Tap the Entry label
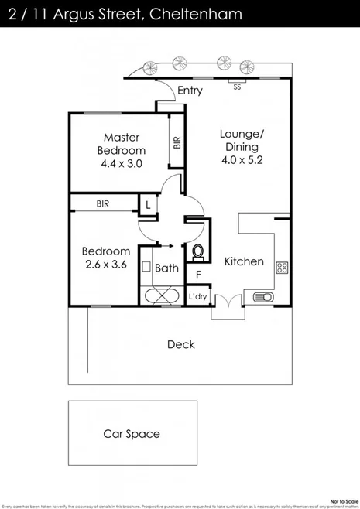coord(190,91)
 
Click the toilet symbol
coord(197,251)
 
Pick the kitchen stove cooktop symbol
coord(282,269)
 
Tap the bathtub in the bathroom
coord(161,296)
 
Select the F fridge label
coord(198,274)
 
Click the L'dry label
coord(197,296)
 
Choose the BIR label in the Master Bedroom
coord(177,142)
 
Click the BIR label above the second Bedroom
coord(102,204)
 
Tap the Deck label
coord(180,344)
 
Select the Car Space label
coord(132,434)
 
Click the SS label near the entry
coord(237,87)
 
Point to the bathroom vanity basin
coord(146,265)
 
